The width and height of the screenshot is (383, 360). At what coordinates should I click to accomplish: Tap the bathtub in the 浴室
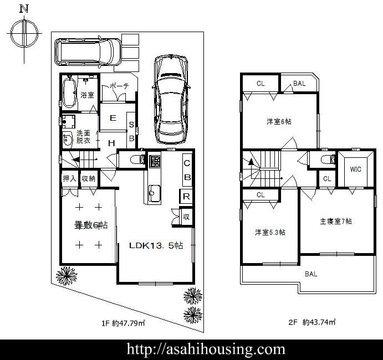(x=69, y=92)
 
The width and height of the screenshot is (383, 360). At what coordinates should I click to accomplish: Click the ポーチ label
(x=119, y=86)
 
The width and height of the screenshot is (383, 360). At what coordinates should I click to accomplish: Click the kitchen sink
(x=154, y=193)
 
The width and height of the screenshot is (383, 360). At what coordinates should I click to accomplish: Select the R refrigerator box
(x=187, y=196)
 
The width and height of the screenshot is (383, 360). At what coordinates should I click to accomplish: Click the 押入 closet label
(x=69, y=179)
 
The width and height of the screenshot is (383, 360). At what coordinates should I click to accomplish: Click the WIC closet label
(x=355, y=169)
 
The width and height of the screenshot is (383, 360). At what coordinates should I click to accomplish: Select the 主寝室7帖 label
(x=335, y=222)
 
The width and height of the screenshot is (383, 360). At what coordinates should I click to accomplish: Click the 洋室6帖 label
(x=279, y=121)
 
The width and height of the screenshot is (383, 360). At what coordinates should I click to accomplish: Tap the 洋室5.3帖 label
(x=270, y=232)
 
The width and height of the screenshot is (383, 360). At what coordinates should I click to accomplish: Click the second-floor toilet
(x=328, y=160)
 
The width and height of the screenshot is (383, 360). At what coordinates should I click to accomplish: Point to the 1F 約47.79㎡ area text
(x=122, y=322)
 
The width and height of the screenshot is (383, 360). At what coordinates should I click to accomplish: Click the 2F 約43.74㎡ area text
(x=311, y=322)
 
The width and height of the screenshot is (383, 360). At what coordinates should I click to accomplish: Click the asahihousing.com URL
(x=206, y=349)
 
